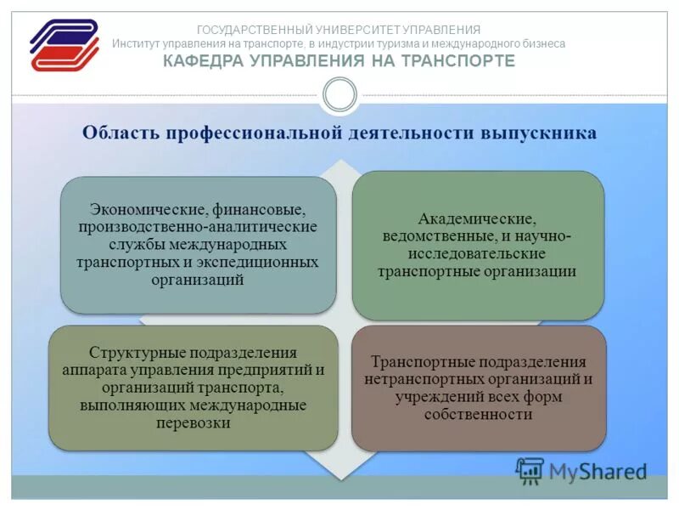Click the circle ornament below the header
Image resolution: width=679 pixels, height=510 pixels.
coord(339,95)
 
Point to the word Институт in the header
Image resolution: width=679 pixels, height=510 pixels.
coord(138,43)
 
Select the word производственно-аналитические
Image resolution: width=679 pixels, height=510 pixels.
coord(198,227)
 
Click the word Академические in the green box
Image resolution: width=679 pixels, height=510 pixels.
coord(477,218)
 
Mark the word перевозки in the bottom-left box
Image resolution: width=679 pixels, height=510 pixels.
coord(194,422)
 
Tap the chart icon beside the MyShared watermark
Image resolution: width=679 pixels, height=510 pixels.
coord(530,471)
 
